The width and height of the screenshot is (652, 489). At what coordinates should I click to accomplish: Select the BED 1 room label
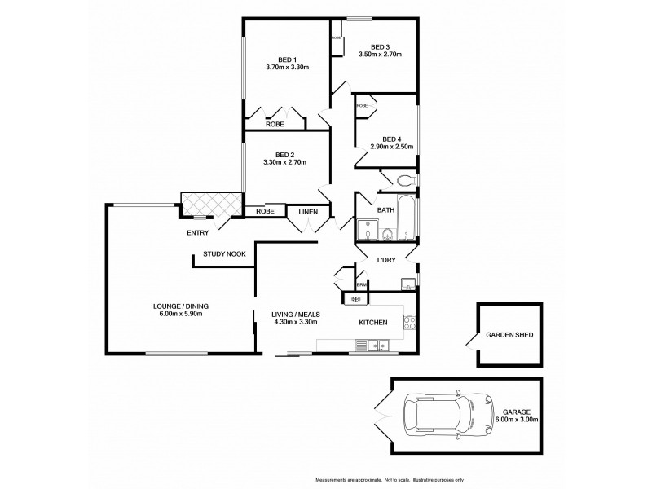point(286,59)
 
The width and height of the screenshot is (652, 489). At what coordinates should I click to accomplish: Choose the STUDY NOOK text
point(224,254)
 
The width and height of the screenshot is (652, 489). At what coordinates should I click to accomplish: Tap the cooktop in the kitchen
point(410,323)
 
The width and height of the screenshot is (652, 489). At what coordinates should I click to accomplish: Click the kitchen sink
point(376,346)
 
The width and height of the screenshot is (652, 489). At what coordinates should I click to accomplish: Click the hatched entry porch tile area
point(209,204)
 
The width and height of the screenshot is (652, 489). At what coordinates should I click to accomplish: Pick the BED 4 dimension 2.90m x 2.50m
point(392,147)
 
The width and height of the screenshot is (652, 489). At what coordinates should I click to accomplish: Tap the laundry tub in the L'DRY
point(405,284)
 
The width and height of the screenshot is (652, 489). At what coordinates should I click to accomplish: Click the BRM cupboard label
point(360,284)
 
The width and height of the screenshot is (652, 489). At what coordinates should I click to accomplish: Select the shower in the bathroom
point(364,233)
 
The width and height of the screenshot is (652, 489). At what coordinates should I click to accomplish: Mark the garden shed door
point(469,342)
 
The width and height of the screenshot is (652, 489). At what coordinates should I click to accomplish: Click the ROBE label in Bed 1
point(274,124)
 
